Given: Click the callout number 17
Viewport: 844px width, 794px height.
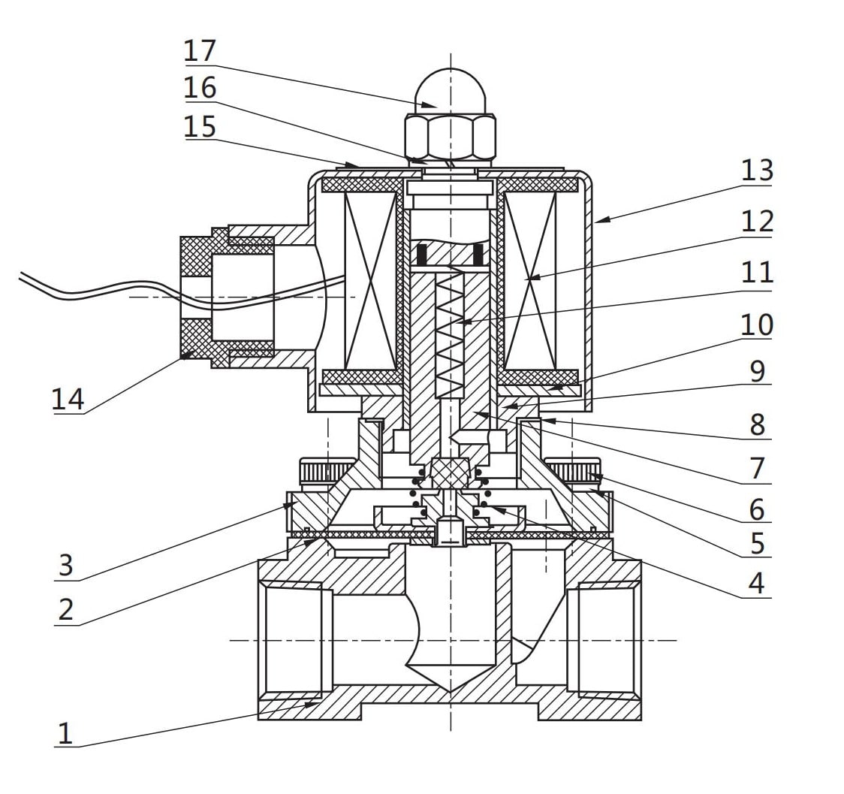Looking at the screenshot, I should pos(200,51).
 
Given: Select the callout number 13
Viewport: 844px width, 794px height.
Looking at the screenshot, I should pos(756,171).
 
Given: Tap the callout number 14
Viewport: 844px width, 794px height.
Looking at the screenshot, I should pos(68,399).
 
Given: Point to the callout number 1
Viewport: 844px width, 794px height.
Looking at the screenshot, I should pos(66,733).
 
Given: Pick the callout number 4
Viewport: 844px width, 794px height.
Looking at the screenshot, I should pos(757,583).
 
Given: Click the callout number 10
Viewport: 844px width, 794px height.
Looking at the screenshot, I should pos(757,325).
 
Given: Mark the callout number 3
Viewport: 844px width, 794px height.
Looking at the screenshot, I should pos(66,566).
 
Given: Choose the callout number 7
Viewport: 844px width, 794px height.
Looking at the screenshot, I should pos(757,468).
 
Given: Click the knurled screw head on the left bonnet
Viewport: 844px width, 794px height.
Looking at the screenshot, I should pos(328,472).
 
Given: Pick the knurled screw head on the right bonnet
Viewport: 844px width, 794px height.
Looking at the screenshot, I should pos(572,472).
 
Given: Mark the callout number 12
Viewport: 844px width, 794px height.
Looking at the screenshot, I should pos(757,222).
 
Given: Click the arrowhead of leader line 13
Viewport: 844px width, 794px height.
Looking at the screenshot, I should pos(597,221).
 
